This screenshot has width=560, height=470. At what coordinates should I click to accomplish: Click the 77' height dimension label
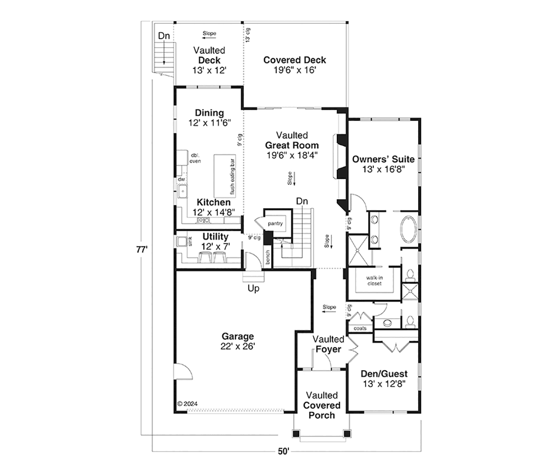142,250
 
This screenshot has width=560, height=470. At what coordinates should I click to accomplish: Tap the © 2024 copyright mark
188,403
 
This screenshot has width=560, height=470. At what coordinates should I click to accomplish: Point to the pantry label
275,224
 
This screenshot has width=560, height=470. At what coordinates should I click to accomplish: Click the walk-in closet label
374,281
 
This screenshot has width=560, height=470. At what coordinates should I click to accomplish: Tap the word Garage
238,336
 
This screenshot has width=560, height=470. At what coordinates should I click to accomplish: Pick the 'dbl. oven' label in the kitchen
195,158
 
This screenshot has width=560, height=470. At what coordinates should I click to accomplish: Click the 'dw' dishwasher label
182,179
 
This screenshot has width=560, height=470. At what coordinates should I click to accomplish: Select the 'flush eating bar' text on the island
232,177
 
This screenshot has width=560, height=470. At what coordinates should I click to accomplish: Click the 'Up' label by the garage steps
253,288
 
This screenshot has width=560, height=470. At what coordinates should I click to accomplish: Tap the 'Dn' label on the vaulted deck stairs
164,35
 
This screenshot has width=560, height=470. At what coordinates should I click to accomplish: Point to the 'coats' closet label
360,329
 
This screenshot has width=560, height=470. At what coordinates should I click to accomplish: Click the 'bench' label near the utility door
267,257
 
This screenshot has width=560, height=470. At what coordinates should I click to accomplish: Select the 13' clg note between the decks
248,35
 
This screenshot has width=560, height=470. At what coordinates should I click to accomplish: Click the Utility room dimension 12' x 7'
216,246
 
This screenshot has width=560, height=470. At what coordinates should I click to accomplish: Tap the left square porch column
296,434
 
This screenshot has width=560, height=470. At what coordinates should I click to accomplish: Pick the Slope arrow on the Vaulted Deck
209,38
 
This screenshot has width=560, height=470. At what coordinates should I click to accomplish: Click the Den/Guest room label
384,374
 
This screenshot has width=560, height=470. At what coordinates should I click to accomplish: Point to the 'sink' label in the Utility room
190,241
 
